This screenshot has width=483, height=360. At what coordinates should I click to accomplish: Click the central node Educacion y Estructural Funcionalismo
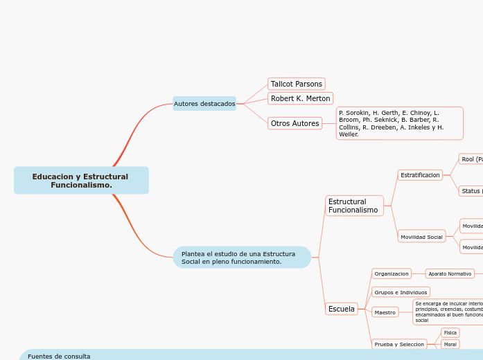[x=81, y=181]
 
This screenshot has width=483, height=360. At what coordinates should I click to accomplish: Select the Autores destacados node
[x=204, y=104]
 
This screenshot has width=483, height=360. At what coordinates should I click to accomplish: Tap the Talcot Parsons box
[x=297, y=84]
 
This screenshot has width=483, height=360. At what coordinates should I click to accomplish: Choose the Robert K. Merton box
[x=300, y=98]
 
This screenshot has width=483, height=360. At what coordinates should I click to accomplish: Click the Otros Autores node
[x=295, y=123]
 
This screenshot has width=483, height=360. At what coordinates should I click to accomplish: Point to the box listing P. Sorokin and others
[x=399, y=123]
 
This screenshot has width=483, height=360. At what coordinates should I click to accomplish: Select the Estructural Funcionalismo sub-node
[x=354, y=206]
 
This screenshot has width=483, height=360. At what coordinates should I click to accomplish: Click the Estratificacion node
[x=420, y=175]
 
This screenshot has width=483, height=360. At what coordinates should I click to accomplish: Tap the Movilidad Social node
[x=421, y=237]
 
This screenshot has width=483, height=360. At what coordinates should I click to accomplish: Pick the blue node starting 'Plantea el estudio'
[x=242, y=258]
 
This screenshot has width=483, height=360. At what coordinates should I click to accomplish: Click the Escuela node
[x=342, y=309]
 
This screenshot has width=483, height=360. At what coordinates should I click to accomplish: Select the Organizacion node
[x=392, y=273]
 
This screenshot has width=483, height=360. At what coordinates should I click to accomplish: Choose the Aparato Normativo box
[x=450, y=273]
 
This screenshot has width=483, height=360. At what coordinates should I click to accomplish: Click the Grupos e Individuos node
[x=401, y=292]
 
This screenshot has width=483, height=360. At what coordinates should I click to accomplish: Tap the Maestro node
[x=385, y=312]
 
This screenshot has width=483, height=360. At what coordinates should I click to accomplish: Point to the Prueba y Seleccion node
[x=399, y=344]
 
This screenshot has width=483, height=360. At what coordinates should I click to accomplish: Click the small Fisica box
[x=450, y=333]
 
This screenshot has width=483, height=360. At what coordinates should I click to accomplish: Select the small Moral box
[x=450, y=344]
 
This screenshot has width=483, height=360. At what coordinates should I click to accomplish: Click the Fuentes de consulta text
[x=59, y=356]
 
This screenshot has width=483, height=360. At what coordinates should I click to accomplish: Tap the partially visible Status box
[x=471, y=190]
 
